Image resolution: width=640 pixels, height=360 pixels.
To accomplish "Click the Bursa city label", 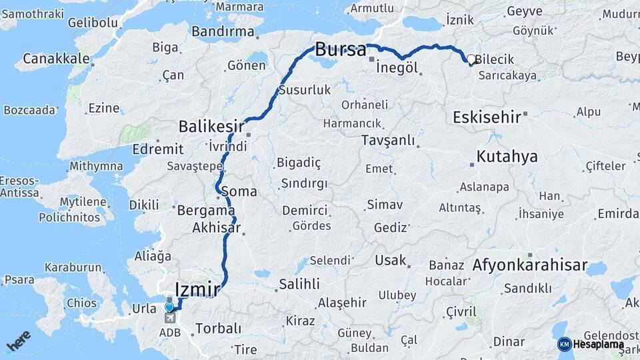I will click(340, 49).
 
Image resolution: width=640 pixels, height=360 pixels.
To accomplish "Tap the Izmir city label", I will click(197, 289).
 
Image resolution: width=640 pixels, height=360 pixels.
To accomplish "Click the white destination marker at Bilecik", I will click(471, 59).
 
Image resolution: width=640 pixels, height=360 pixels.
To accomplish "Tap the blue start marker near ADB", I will click(170, 307).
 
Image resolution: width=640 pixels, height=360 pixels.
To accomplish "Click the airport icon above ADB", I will click(170, 319).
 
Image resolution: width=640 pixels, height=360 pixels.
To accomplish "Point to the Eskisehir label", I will click(487, 117).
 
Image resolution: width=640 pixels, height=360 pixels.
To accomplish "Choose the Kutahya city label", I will click(507, 157).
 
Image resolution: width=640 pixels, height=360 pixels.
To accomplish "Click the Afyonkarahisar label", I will click(530, 265).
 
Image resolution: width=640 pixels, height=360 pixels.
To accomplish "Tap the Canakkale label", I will click(56, 59).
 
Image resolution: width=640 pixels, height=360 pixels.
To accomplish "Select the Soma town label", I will click(239, 191).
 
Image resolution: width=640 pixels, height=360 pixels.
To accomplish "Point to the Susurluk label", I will click(305, 89).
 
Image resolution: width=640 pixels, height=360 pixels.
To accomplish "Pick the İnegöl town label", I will click(397, 68).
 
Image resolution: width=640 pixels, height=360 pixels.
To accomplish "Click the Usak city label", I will click(391, 260).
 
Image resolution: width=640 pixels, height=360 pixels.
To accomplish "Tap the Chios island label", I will click(81, 303).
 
